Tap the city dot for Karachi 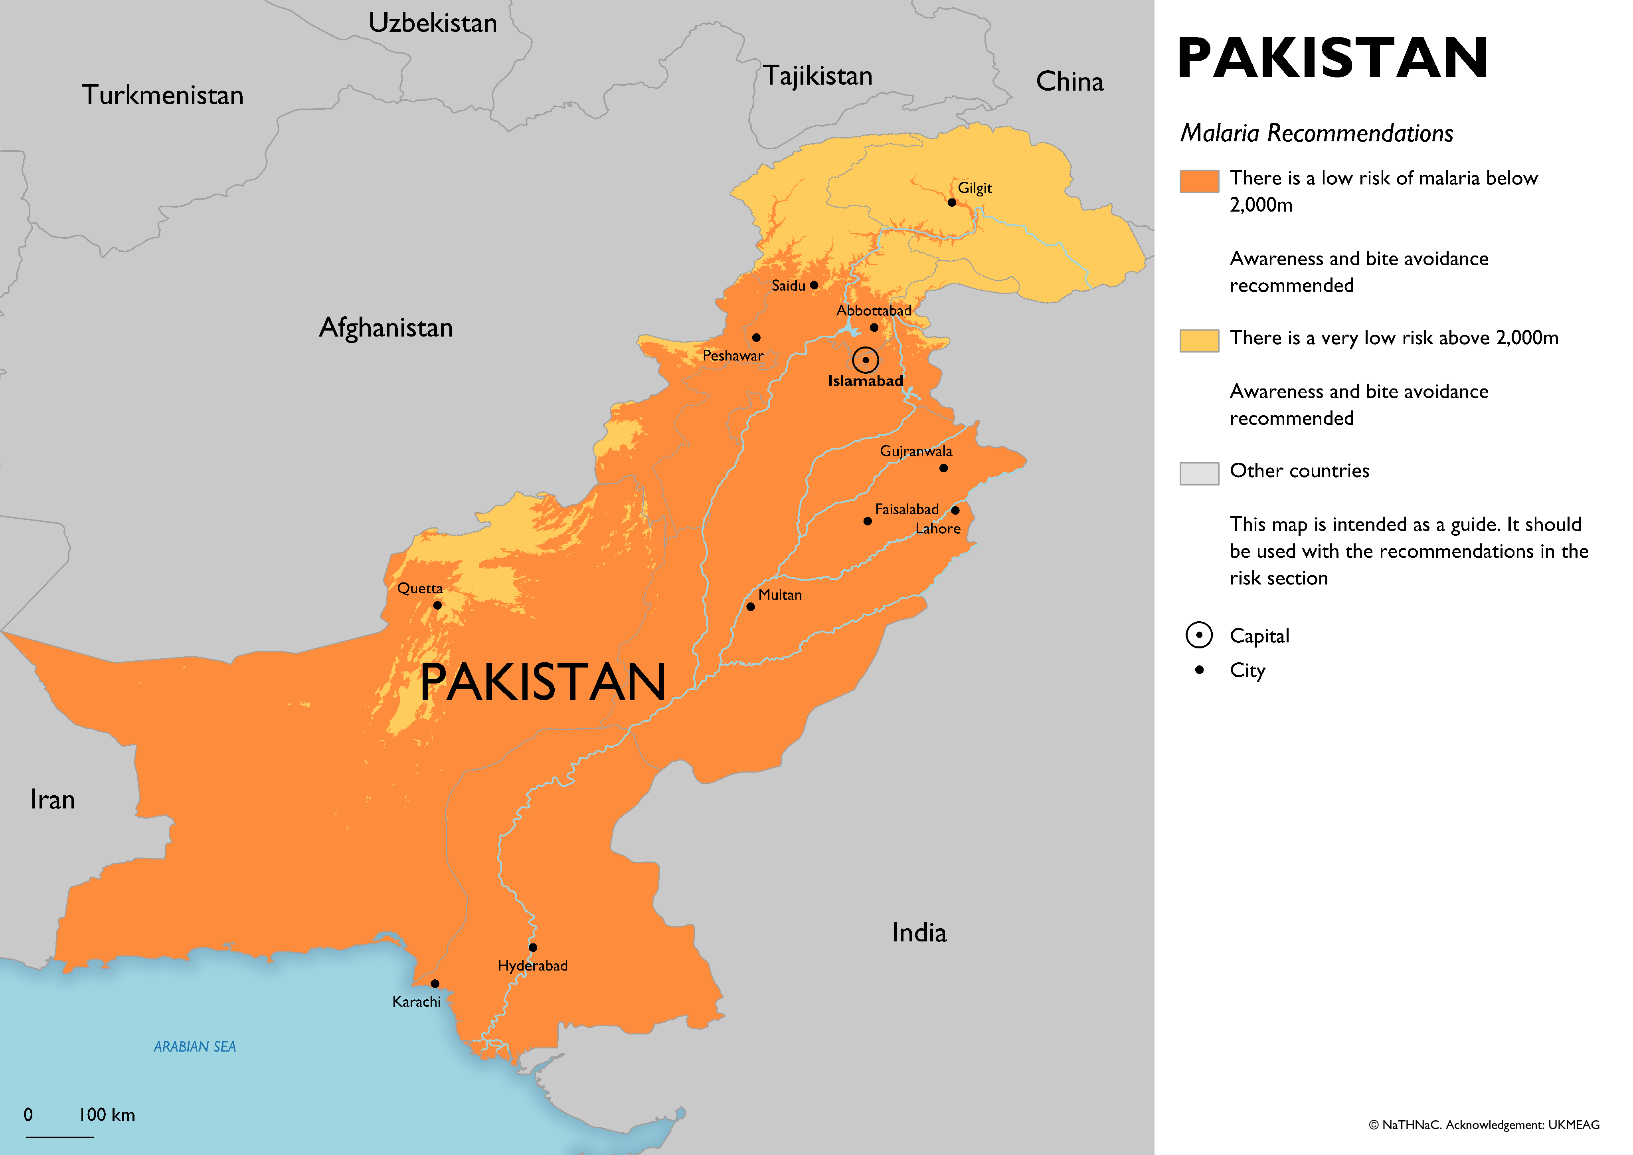435,983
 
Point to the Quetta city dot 437,606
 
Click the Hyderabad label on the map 532,966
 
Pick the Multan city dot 750,607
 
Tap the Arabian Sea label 194,1046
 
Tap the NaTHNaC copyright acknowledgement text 1484,1124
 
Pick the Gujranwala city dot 943,468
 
